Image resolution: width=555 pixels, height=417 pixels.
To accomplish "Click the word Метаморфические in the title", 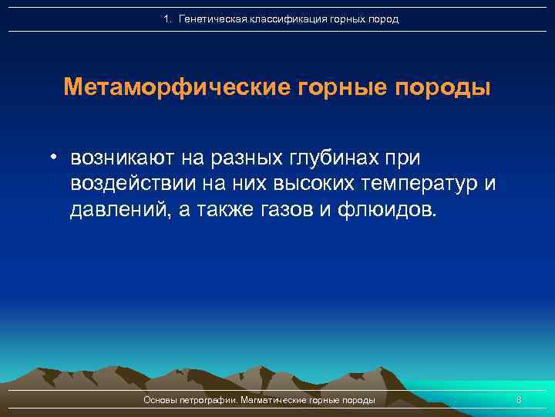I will point(176,86).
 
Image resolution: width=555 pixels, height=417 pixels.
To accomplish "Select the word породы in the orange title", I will point(442,86).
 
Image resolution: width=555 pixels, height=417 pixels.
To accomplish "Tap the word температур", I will point(418,185).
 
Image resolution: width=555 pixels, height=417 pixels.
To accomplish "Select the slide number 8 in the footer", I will point(519,400).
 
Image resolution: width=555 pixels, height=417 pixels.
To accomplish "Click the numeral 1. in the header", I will point(168,19).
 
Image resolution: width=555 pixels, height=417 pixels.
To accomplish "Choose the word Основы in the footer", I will point(161,400).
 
